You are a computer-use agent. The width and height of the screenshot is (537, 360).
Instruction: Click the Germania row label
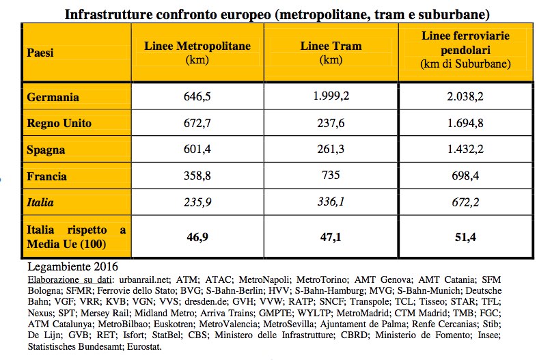(x=53, y=97)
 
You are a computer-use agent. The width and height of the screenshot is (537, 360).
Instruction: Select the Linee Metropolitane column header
(x=197, y=53)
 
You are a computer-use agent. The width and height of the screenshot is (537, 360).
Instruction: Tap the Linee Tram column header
(x=331, y=53)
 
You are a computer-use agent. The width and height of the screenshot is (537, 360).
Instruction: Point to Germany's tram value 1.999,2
(x=331, y=96)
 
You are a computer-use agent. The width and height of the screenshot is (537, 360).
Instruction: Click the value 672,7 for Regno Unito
(x=197, y=123)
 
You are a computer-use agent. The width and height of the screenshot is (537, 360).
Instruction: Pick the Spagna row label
(x=46, y=150)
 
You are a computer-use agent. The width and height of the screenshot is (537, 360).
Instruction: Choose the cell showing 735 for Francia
(x=331, y=175)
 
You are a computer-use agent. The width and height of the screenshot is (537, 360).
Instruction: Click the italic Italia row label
(x=40, y=202)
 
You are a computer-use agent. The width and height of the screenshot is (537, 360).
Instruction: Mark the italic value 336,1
(x=331, y=202)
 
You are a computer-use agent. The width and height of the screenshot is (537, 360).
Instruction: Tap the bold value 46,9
(x=197, y=236)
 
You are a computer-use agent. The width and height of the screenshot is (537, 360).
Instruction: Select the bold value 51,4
(x=465, y=236)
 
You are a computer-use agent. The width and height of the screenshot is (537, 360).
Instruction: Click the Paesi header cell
(x=40, y=53)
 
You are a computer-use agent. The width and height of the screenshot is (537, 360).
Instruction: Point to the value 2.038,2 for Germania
(x=465, y=96)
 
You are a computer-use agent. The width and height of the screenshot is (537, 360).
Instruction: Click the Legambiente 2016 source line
(x=72, y=266)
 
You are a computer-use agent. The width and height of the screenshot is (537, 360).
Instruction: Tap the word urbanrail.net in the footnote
(x=144, y=279)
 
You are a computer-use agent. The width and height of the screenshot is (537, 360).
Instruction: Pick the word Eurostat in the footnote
(x=144, y=346)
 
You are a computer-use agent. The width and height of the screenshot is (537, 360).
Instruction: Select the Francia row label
(x=47, y=176)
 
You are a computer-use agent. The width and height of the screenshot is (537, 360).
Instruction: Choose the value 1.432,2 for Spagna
(x=465, y=150)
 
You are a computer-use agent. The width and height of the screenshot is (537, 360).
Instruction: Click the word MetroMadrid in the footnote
(x=363, y=313)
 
